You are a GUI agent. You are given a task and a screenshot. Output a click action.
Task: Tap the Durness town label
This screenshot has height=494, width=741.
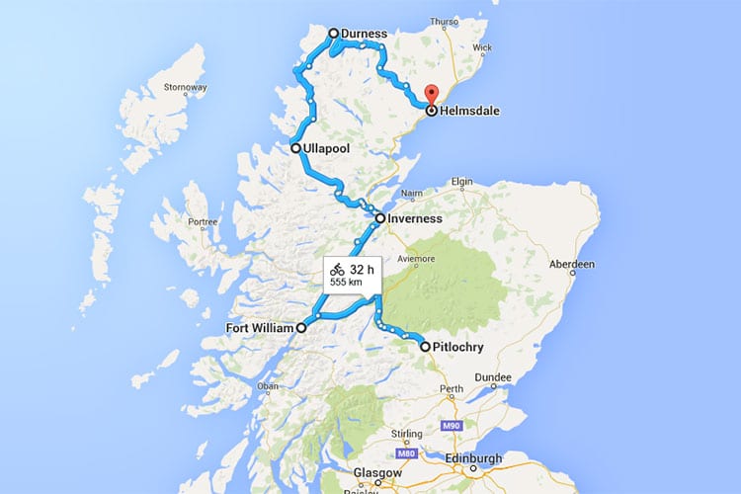click(x=365, y=34)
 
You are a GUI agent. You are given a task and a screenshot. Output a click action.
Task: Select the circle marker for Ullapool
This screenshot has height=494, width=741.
click(x=295, y=148)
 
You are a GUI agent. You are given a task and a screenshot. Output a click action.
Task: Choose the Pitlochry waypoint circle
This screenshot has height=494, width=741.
click(x=425, y=347)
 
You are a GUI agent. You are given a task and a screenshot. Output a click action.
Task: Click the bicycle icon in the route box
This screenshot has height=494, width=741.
click(x=337, y=268)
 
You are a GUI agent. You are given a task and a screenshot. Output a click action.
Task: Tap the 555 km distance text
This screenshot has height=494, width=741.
click(x=345, y=283)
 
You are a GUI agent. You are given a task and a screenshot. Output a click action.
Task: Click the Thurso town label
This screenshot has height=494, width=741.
click(x=445, y=21)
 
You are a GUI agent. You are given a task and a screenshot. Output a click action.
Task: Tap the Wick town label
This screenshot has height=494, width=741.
click(x=482, y=46)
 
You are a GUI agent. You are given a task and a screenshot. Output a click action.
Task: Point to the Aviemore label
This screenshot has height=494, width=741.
click(x=417, y=259)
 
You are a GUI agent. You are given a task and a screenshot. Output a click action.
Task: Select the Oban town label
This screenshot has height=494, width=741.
click(x=268, y=385)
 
